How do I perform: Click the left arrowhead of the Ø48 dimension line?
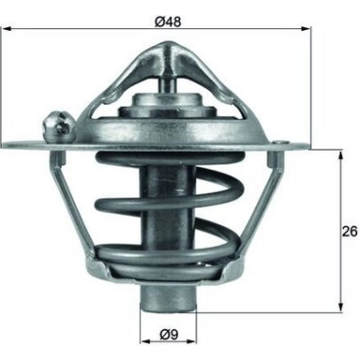[7, 28]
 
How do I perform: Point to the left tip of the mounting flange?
[6, 145]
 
